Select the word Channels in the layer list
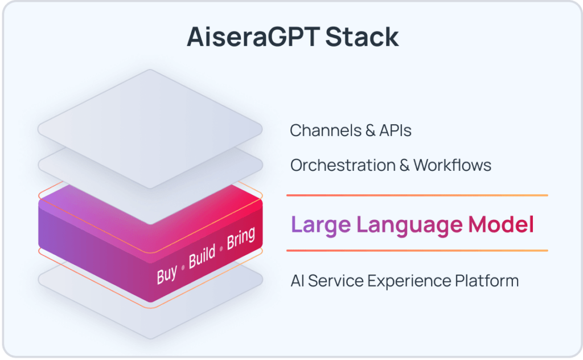(x=319, y=130)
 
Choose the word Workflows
(x=452, y=165)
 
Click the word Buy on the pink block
(x=167, y=274)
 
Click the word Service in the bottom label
(x=336, y=281)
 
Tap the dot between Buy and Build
(x=183, y=267)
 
